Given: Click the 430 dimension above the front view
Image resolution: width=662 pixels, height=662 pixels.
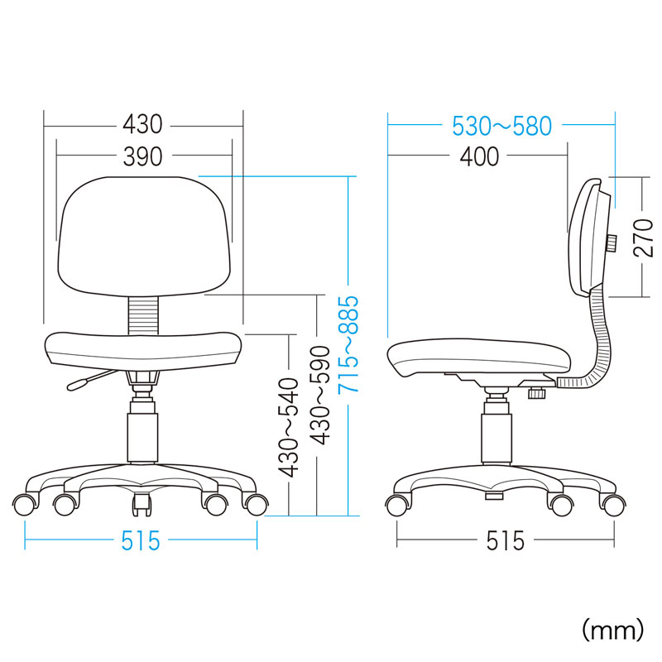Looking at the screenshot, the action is (142, 125).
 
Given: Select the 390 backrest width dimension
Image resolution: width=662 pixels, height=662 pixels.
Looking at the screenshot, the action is (142, 156).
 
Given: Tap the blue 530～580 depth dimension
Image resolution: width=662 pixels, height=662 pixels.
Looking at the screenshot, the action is (501, 126).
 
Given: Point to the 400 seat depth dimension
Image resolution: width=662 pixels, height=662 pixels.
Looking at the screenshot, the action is (479, 156).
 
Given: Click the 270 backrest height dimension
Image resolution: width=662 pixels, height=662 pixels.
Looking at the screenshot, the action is (643, 237).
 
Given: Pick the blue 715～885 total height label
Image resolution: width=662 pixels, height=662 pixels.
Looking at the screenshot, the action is (348, 344).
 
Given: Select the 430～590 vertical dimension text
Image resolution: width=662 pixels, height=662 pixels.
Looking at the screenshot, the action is (319, 396).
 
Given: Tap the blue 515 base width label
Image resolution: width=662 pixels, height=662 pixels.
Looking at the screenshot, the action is (141, 541).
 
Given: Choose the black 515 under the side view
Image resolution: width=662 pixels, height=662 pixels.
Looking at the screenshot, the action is (505, 541).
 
